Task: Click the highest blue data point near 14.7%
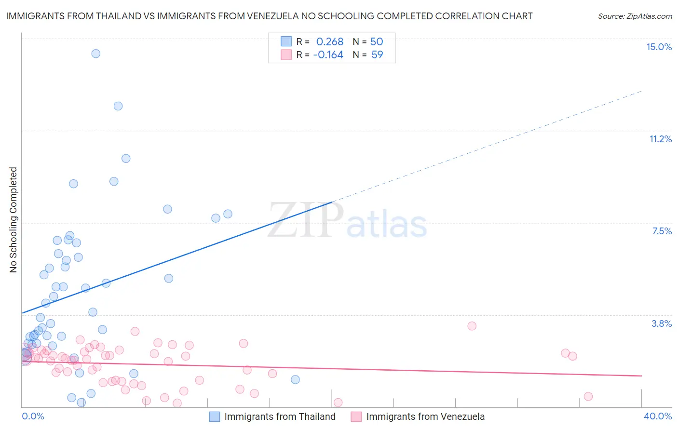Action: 96,54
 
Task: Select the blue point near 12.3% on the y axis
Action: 118,106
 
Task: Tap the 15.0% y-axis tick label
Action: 659,47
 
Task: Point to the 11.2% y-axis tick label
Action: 660,139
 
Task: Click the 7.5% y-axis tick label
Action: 662,231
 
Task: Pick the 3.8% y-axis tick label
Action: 662,323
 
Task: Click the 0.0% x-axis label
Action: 33,416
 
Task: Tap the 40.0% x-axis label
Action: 657,416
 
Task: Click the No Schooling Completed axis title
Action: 14,220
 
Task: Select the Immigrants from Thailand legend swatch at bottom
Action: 215,417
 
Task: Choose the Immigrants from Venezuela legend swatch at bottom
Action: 356,417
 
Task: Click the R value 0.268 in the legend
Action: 329,41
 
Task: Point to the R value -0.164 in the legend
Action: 328,55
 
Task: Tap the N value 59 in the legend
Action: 377,55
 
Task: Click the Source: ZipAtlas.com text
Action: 635,16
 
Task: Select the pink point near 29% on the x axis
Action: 472,326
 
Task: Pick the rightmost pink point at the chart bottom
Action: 588,396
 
